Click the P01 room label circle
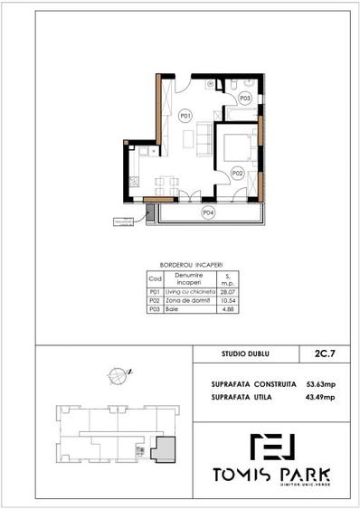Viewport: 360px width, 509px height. click(185, 116)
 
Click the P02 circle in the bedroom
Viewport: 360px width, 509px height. click(237, 171)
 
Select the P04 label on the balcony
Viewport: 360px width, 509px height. click(208, 212)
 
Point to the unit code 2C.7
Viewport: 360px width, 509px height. click(318, 356)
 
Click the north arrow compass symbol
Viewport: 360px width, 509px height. click(117, 372)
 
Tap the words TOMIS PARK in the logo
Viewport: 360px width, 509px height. click(271, 475)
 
